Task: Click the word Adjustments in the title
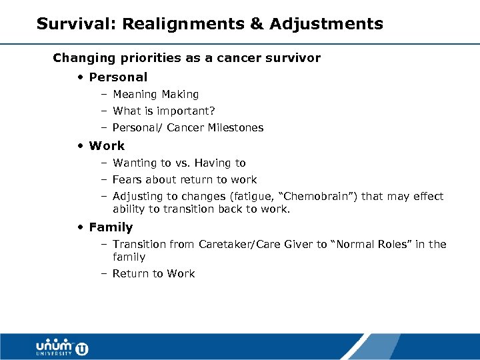[327, 25]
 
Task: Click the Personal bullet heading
[118, 77]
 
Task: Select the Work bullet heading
[107, 145]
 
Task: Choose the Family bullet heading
[111, 227]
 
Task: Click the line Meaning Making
[155, 95]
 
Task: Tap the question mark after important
[212, 111]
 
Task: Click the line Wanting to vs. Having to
[179, 163]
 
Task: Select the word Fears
[127, 179]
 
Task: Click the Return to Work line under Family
[153, 273]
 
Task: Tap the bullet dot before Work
[79, 146]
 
